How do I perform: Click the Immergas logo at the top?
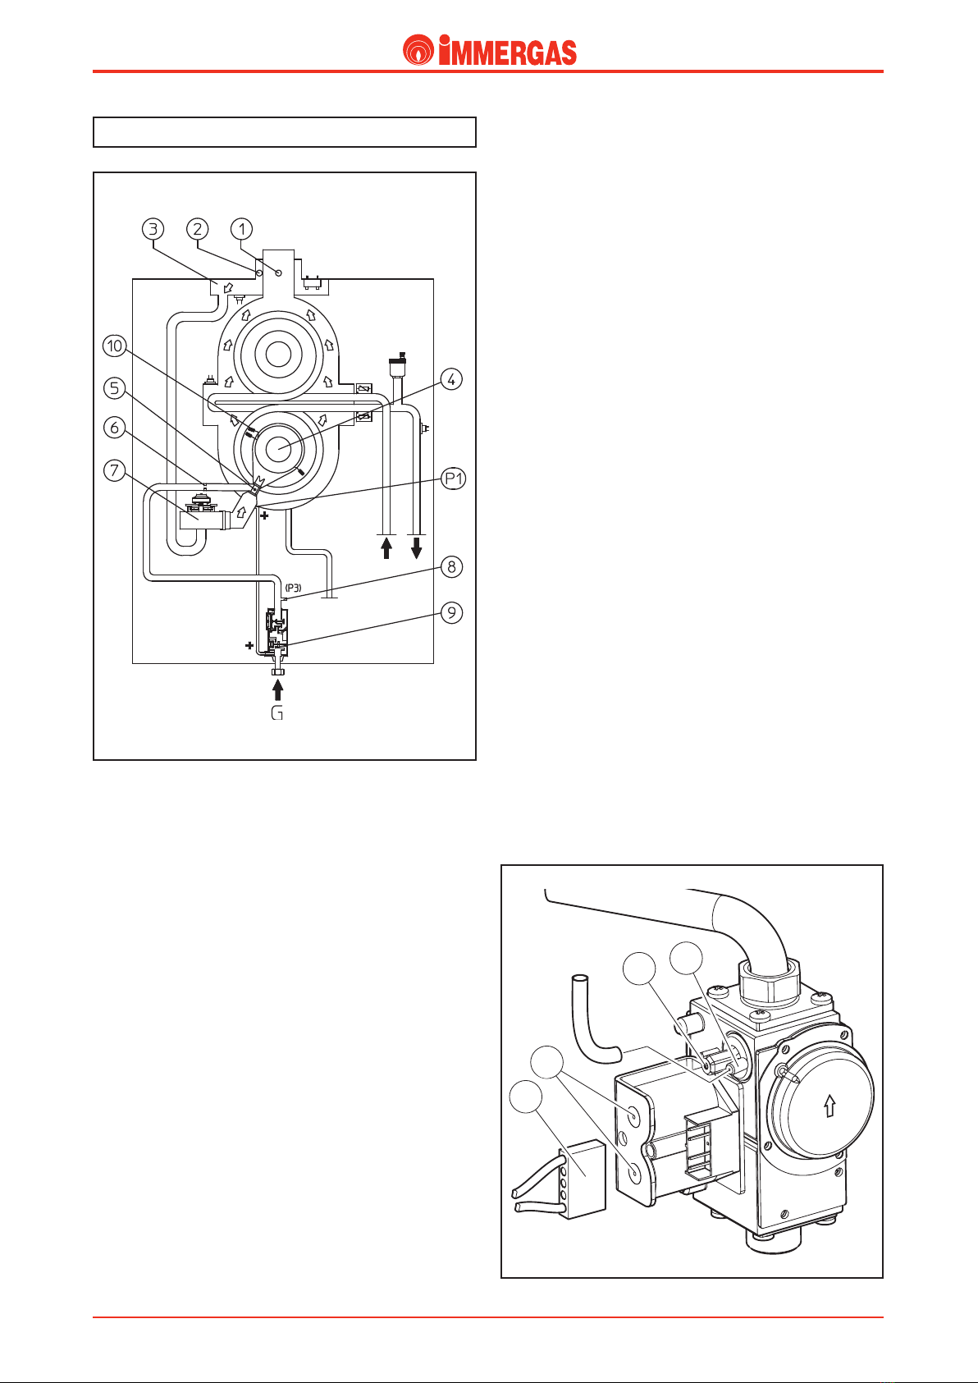click(489, 50)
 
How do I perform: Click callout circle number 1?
click(241, 229)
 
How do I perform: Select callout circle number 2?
click(198, 229)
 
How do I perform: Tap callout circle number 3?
click(153, 229)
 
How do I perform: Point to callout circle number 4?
click(452, 379)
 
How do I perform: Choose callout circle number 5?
click(114, 388)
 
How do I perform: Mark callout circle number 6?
click(114, 428)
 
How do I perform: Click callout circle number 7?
click(114, 471)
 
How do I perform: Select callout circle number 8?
click(452, 567)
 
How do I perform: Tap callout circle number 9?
click(452, 612)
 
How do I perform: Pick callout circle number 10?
click(114, 346)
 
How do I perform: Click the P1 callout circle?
click(454, 479)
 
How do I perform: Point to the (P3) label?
click(293, 588)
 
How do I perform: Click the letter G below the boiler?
click(277, 713)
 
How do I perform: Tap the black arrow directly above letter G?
click(277, 689)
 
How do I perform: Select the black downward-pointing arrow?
click(417, 547)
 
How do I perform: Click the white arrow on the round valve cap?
click(830, 1105)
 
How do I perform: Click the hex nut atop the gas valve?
click(770, 983)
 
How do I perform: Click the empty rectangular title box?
click(285, 132)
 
